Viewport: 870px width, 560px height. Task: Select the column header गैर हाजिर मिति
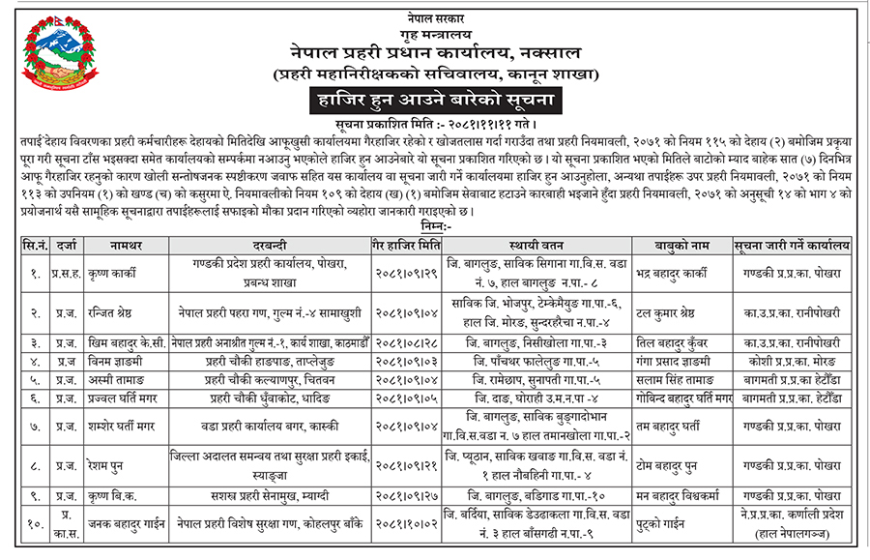(404, 246)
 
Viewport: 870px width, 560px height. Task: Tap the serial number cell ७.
(34, 426)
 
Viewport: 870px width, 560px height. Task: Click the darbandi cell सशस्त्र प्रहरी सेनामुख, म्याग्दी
(270, 495)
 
